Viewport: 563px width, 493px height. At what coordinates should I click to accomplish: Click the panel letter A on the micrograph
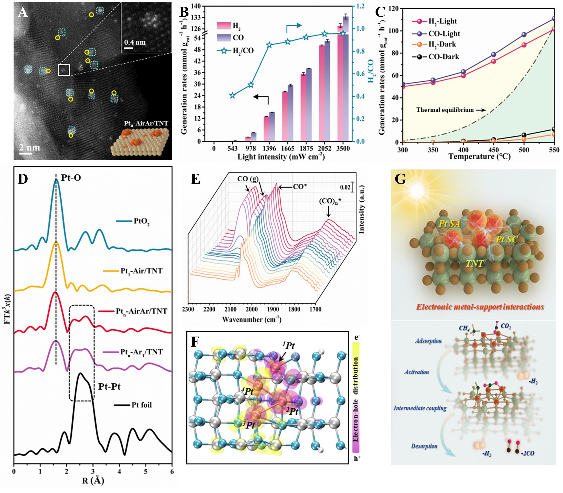tap(23, 12)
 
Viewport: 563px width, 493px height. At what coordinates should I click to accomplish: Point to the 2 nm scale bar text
tap(29, 148)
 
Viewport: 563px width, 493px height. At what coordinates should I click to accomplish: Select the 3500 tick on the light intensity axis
tap(343, 149)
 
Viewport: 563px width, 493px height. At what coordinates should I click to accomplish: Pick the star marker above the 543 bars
tap(232, 95)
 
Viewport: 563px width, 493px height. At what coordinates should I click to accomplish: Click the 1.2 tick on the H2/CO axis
tap(360, 6)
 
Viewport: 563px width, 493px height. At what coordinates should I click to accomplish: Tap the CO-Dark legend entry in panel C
tap(443, 57)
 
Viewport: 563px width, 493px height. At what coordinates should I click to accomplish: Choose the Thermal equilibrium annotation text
tap(445, 110)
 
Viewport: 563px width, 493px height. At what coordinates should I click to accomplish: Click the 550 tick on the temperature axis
tap(554, 150)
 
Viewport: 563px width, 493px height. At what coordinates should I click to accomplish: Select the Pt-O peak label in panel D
tap(71, 178)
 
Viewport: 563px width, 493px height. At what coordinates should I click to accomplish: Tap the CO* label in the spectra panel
tap(300, 187)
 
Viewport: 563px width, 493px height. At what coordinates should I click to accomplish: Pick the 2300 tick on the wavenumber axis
tap(188, 309)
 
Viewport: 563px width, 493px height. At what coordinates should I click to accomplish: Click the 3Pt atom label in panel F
tap(249, 425)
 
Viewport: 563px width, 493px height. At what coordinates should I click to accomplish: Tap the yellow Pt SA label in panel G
tap(449, 223)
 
